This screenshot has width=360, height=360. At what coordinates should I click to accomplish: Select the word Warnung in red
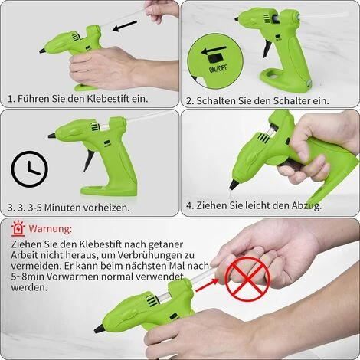[x=51, y=228]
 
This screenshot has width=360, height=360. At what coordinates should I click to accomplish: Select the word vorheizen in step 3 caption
[x=104, y=208]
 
